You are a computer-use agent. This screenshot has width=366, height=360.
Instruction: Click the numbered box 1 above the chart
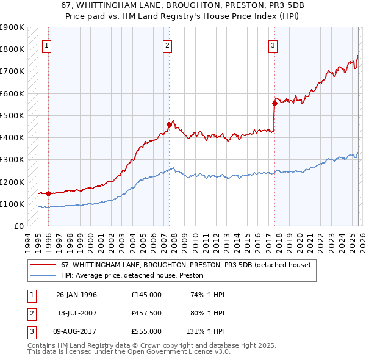click(47, 45)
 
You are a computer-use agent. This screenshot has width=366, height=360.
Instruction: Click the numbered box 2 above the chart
click(167, 45)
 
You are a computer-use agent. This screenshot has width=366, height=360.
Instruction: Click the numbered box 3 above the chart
click(273, 45)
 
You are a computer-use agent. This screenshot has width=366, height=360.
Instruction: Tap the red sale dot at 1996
click(48, 193)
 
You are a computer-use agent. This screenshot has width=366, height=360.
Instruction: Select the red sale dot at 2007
click(169, 124)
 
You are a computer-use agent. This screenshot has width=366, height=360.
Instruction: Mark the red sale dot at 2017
click(274, 103)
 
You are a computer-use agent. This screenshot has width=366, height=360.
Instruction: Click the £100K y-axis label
click(12, 204)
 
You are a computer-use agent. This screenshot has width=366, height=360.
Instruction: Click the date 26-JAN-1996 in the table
click(76, 295)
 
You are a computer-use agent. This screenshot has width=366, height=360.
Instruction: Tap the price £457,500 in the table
click(146, 313)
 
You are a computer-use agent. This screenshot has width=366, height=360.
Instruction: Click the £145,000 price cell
click(146, 295)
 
